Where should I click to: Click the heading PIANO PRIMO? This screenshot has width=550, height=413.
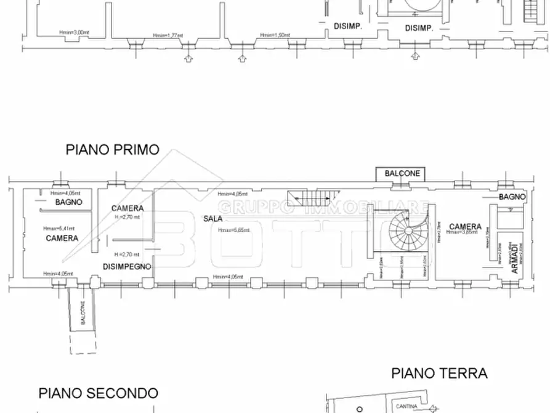(112, 150)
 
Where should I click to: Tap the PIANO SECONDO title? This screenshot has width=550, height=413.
(98, 393)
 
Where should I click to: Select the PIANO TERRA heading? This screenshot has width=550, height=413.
(439, 373)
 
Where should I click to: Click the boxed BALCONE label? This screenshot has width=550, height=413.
(402, 174)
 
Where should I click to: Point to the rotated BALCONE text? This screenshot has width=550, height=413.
(82, 314)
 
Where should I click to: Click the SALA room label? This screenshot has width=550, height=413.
(214, 219)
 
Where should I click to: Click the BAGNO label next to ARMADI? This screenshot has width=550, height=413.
(512, 197)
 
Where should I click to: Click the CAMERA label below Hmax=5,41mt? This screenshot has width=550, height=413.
(62, 238)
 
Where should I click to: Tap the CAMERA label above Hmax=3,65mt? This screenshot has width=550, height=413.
(465, 226)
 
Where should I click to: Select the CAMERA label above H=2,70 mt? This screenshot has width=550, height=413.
(127, 208)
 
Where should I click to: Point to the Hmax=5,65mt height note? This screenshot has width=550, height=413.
(233, 230)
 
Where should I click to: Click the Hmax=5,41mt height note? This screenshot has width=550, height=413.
(57, 228)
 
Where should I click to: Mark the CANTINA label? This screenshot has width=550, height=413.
(406, 406)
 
